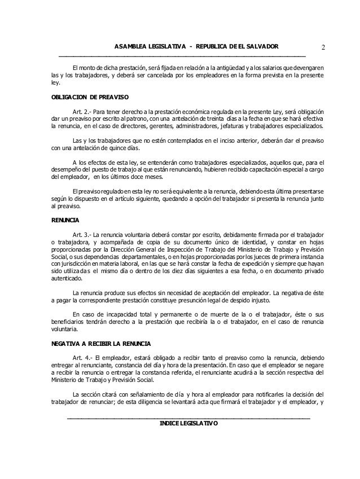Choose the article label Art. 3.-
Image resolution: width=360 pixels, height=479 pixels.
pyautogui.click(x=83, y=233)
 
